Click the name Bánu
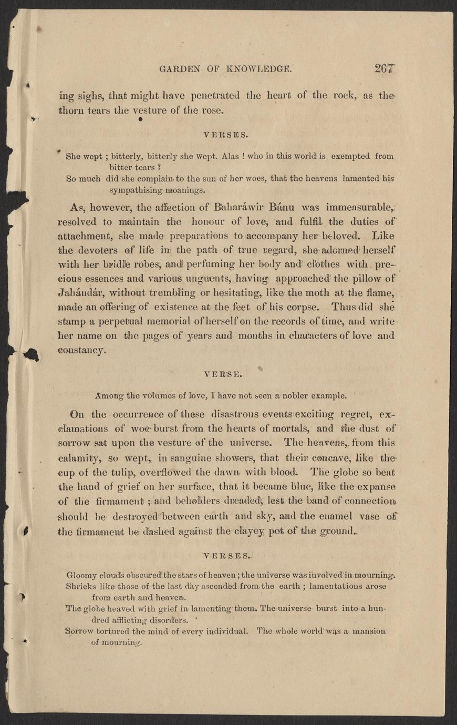pos(285,206)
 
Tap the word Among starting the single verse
pos(108,396)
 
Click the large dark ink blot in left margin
pos(32,355)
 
